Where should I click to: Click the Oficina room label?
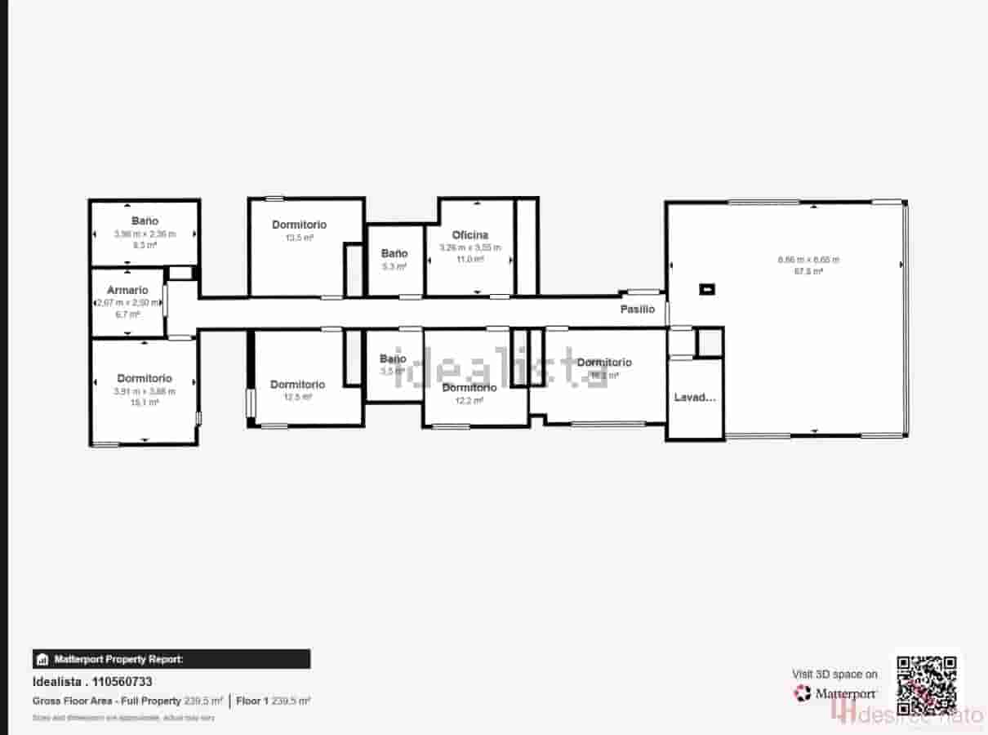(470, 235)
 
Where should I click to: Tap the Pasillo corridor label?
(637, 310)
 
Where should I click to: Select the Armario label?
(127, 290)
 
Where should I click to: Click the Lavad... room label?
(695, 398)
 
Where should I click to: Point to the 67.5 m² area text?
(808, 271)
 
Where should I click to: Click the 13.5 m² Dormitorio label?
(299, 225)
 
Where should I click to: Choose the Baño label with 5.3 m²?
(394, 253)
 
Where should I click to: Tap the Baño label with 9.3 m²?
(145, 220)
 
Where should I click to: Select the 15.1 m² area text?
(145, 402)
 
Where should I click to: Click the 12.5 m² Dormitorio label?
(297, 384)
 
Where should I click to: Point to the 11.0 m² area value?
(470, 259)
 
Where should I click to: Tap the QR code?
(927, 685)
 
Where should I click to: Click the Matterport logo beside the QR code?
(835, 693)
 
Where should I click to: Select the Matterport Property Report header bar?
(171, 659)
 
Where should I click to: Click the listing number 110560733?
(122, 682)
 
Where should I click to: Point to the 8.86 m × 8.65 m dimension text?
(808, 260)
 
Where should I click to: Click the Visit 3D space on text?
(834, 674)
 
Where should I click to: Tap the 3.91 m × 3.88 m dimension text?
(145, 391)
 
